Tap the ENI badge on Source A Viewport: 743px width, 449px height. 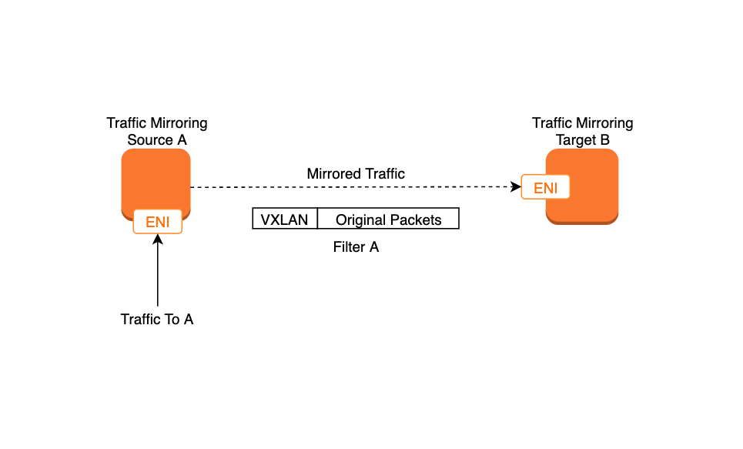(158, 222)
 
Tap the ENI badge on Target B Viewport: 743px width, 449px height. (545, 188)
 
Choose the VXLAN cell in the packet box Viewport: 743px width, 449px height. (285, 219)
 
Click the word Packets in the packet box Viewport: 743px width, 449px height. (417, 219)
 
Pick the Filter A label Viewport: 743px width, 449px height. (356, 247)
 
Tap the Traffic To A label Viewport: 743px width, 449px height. (157, 319)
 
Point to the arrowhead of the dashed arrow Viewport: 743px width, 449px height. (516, 187)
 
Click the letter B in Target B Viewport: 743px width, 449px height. (605, 140)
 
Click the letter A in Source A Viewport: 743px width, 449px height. (182, 140)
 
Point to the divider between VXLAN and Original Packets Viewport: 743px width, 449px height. (317, 219)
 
